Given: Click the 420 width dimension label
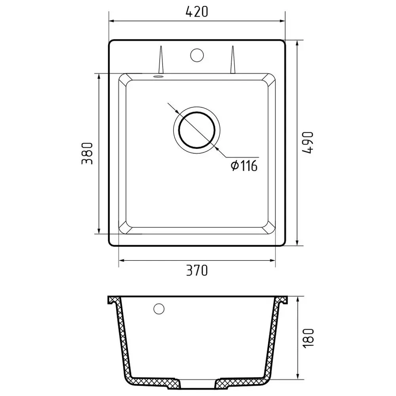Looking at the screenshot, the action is coord(197,11).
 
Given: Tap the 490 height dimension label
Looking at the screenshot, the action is coord(308,143).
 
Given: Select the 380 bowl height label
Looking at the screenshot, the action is coord(88,154).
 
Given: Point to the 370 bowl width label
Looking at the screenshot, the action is coord(197,270).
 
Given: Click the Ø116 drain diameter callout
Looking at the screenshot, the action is coord(244,166).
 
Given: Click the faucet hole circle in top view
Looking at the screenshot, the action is coord(197,55).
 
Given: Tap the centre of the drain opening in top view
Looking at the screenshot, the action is coord(197,130).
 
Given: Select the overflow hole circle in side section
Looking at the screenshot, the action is coord(159,308).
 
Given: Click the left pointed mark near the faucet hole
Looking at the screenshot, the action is coord(161,60).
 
